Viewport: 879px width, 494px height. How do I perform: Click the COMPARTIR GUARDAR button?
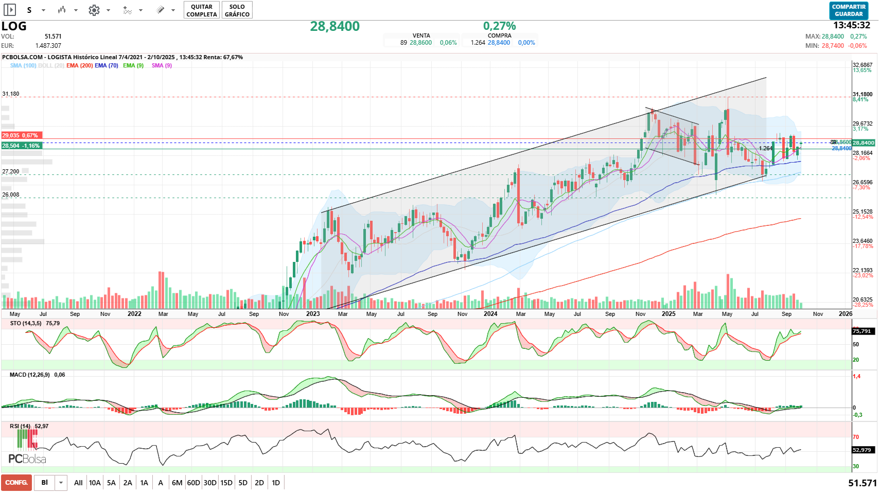tap(849, 10)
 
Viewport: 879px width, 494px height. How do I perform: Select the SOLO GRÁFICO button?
tap(237, 10)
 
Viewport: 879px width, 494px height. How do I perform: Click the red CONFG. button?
tap(16, 483)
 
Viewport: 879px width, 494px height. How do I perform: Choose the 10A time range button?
tap(95, 483)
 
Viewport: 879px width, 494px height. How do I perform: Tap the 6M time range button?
tap(177, 483)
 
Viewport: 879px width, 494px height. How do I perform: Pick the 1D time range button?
tap(276, 483)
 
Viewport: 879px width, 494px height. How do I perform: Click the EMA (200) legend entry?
tap(79, 65)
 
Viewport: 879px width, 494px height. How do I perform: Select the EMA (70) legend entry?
tap(107, 65)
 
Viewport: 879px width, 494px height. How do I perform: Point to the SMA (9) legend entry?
tap(162, 65)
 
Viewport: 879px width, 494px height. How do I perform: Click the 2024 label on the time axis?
tap(490, 314)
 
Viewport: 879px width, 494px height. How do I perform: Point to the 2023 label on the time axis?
tap(312, 314)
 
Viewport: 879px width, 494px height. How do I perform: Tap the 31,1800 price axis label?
tap(863, 95)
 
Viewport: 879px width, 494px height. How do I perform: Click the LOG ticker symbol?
tap(14, 26)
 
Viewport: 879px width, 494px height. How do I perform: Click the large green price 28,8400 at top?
tap(335, 26)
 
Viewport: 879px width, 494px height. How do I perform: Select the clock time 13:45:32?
tap(852, 25)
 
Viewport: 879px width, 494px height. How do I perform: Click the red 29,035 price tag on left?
tap(21, 135)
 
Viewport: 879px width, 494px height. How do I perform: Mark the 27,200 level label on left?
tap(11, 171)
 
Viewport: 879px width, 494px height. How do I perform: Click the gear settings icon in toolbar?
tap(94, 10)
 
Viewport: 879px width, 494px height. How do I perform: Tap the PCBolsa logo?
tap(27, 458)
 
